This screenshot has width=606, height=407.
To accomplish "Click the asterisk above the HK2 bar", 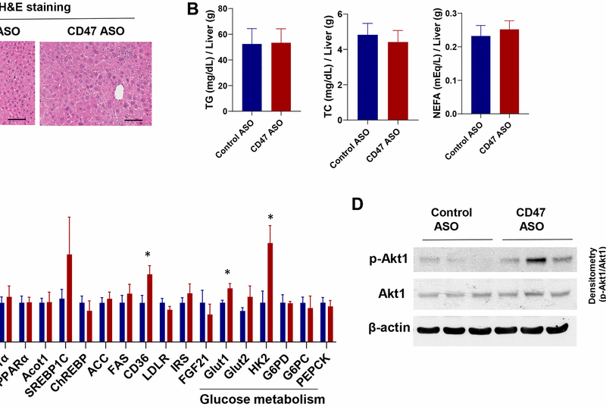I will pos(270,219).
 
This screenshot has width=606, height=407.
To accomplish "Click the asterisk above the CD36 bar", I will pos(148,255).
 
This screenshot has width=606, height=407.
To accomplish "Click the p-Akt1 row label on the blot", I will pos(386,260).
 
